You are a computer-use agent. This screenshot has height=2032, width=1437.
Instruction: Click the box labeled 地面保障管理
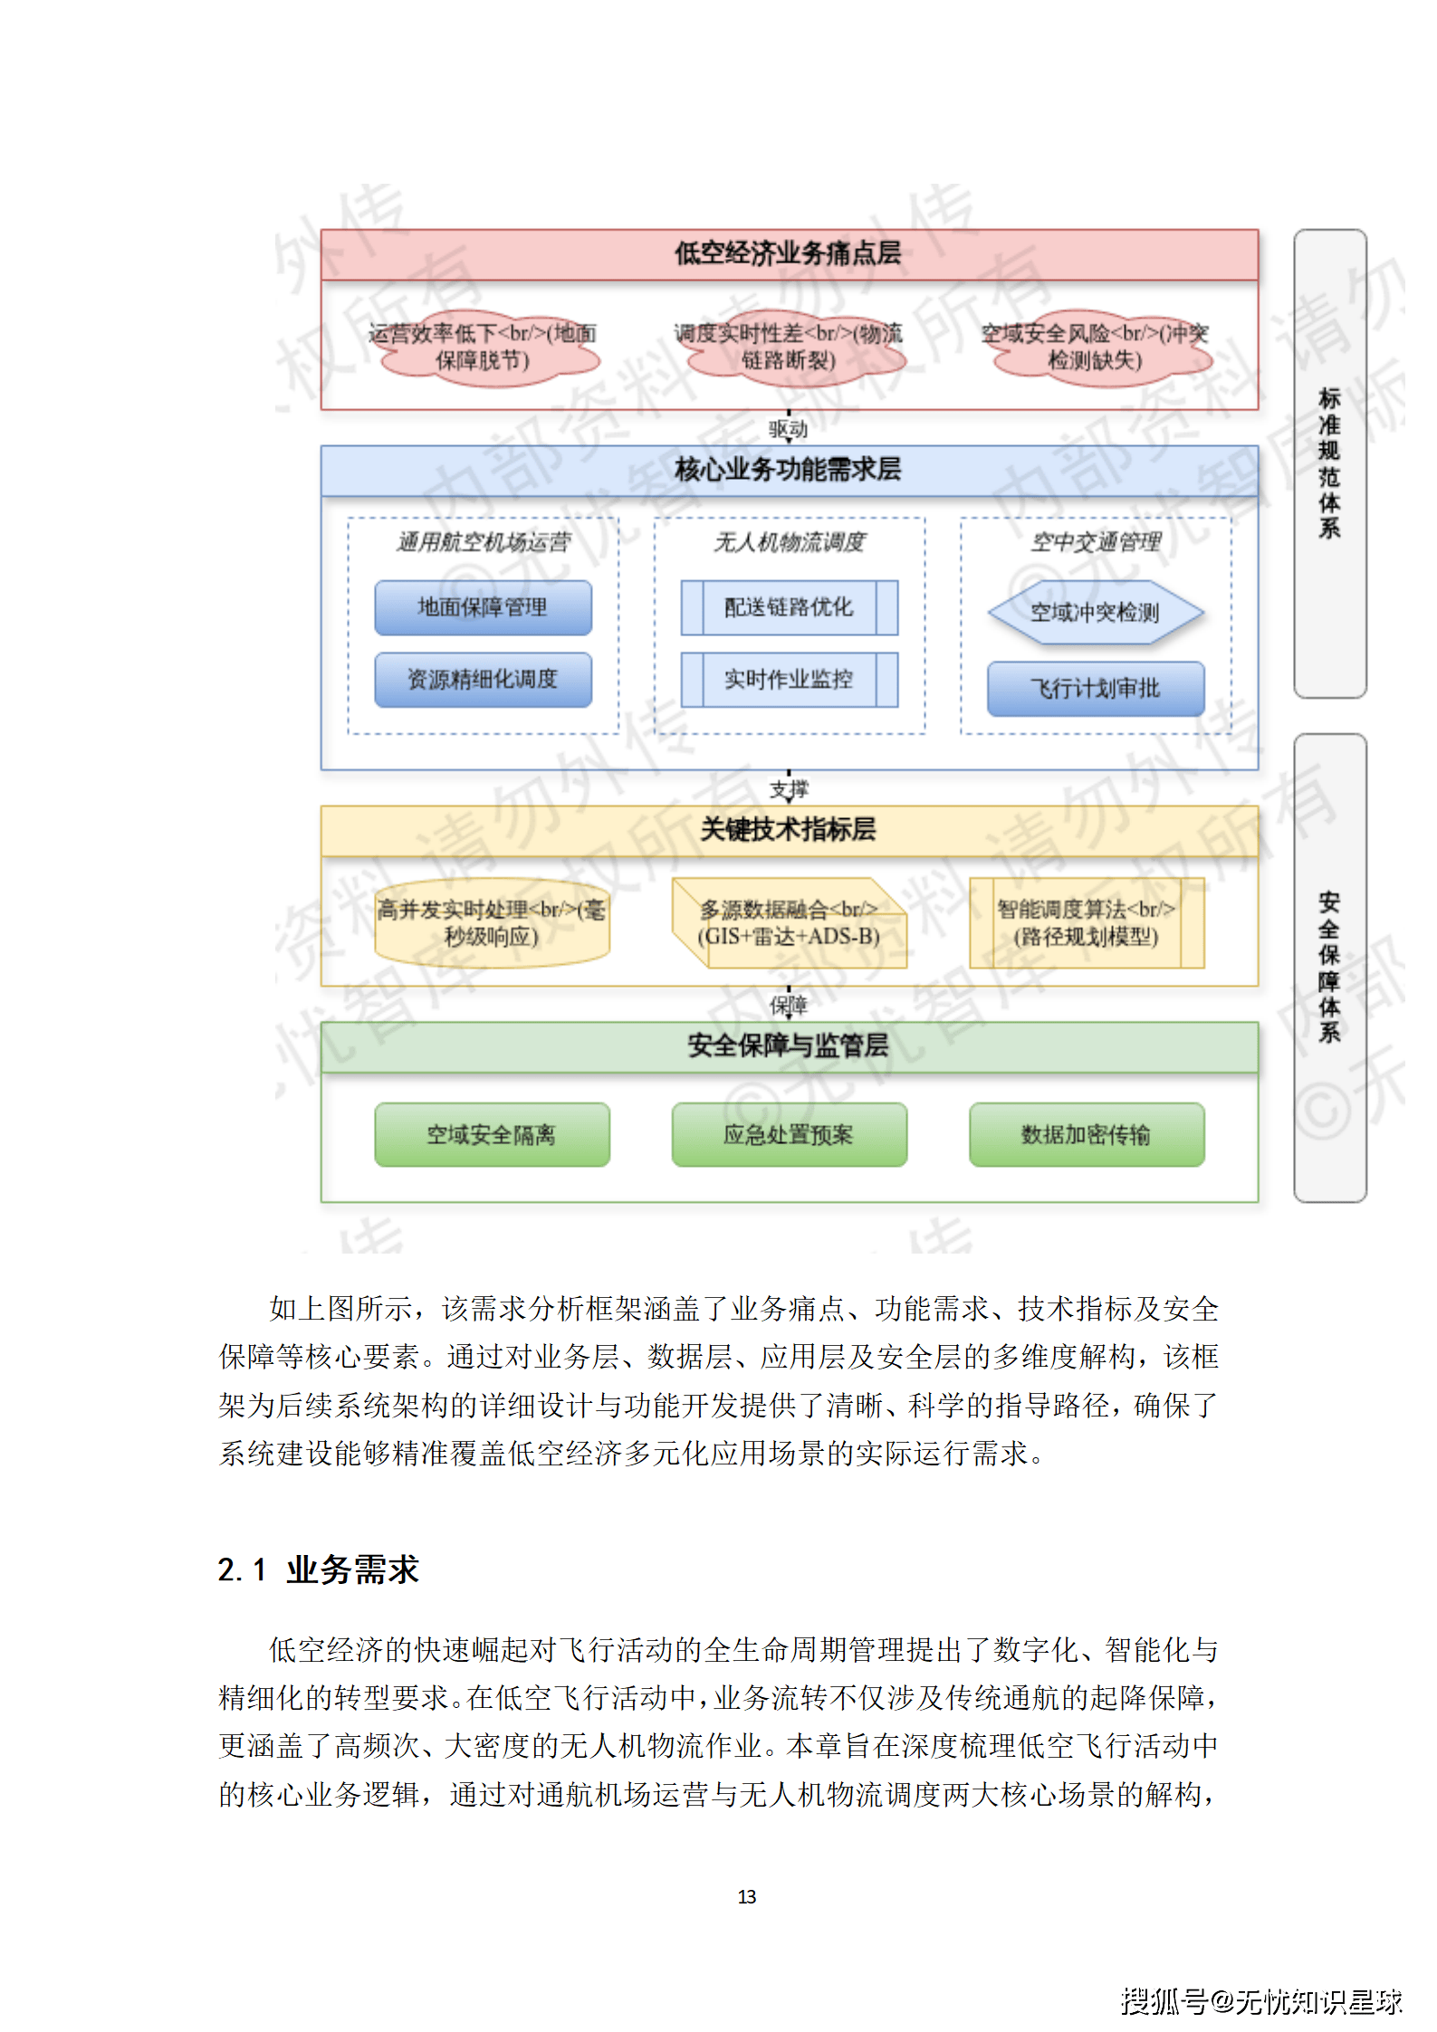tap(483, 607)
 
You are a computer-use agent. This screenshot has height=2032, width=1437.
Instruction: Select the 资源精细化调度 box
tap(483, 680)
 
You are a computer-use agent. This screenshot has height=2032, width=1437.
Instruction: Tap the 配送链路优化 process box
tap(789, 607)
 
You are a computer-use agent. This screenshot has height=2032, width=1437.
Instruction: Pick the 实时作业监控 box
tap(789, 680)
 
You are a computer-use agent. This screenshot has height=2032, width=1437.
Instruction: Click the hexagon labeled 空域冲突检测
tap(1095, 613)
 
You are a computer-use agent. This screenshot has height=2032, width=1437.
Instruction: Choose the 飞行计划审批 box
tap(1095, 689)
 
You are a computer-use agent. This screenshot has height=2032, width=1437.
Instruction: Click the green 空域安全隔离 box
tap(492, 1134)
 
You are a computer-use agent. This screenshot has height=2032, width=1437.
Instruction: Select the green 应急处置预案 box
tap(789, 1134)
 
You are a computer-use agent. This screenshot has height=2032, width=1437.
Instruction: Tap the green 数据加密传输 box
tap(1086, 1134)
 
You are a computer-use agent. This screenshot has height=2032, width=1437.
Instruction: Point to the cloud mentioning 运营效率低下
tap(483, 348)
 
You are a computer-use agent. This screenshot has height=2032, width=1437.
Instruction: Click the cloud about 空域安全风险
tap(1095, 348)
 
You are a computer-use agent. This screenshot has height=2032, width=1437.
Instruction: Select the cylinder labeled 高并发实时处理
tap(492, 923)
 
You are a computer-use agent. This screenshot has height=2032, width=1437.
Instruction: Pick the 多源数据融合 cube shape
tap(789, 923)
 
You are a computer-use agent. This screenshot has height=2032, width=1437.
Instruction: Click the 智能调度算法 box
tap(1086, 923)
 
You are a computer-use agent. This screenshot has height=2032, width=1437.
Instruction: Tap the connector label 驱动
tap(789, 429)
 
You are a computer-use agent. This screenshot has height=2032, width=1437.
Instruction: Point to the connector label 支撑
tap(789, 789)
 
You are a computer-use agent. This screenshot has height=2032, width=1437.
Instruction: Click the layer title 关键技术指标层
tap(789, 829)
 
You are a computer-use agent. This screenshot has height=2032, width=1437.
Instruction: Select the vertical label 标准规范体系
tap(1329, 463)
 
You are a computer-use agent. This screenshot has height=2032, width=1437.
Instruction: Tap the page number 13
tap(747, 1897)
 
